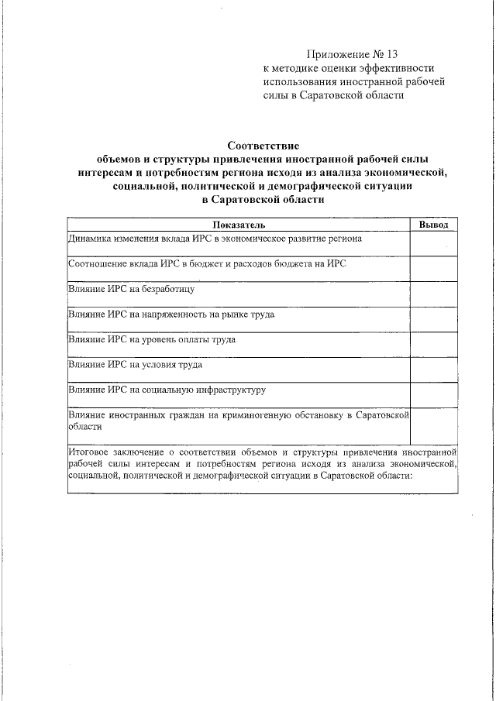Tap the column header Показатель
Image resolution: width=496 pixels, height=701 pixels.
click(x=239, y=224)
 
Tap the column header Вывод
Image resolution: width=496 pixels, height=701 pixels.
click(x=433, y=224)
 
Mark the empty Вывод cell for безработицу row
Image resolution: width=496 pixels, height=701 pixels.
click(x=433, y=294)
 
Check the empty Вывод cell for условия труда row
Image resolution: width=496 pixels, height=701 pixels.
click(x=433, y=369)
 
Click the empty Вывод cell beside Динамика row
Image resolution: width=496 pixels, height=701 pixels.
click(x=433, y=243)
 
